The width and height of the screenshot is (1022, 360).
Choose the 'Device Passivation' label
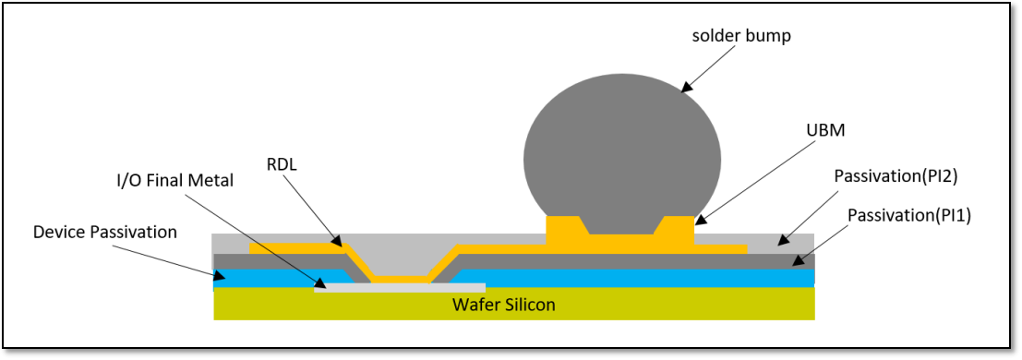click(104, 232)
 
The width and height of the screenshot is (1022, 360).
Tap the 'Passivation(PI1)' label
click(908, 216)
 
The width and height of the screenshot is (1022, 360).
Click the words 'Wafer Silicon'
click(503, 304)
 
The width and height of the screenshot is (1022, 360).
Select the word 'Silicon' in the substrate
click(528, 304)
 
